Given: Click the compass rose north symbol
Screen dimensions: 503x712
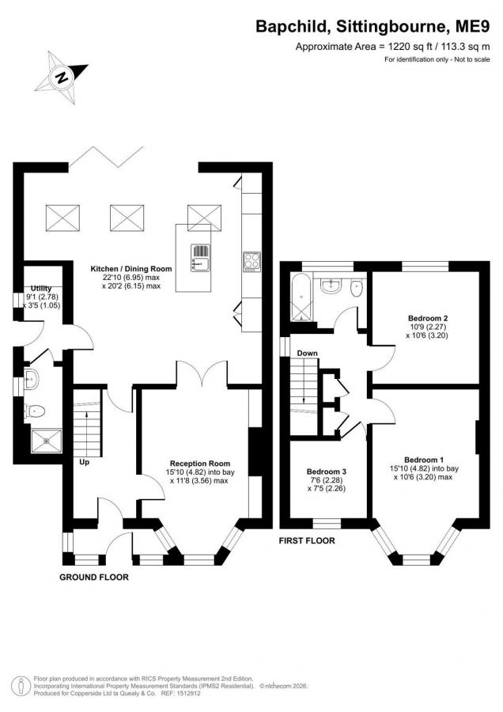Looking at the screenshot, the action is (x=62, y=78).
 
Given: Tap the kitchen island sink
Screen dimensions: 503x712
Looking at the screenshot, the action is (x=201, y=257).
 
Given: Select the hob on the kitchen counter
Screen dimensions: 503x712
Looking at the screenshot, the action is (x=251, y=263).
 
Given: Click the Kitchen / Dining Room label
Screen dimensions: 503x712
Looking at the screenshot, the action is (x=131, y=269).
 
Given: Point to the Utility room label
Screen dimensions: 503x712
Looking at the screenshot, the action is (x=41, y=288).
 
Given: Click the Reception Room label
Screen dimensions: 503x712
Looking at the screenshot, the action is (x=200, y=463).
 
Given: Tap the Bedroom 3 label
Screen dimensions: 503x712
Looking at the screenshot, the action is (x=327, y=472).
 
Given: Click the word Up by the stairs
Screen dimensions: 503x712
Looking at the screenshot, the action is (x=85, y=463).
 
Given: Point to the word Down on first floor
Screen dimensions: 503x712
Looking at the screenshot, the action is (x=308, y=354).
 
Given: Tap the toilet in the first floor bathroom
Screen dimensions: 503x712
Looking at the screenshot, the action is (x=357, y=287).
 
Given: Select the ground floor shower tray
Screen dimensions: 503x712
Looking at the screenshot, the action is (x=47, y=441).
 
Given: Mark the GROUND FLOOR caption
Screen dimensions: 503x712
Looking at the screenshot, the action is (x=94, y=578).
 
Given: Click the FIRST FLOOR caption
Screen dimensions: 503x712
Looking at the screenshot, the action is (x=307, y=541).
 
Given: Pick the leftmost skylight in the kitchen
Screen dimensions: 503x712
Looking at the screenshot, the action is (x=62, y=218).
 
